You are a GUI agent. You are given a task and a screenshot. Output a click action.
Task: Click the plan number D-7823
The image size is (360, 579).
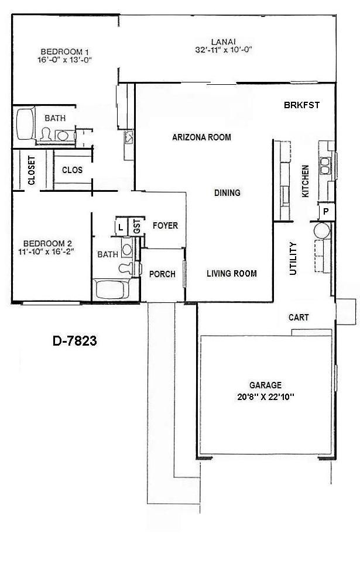click(x=74, y=341)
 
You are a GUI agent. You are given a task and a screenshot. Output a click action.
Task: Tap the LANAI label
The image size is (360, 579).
click(x=224, y=41)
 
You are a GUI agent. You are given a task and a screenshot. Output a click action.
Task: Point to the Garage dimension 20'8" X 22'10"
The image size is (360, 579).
click(x=265, y=396)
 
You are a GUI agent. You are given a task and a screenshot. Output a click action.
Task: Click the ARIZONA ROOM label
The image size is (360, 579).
click(x=201, y=137)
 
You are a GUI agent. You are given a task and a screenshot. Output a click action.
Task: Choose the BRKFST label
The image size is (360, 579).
click(x=301, y=105)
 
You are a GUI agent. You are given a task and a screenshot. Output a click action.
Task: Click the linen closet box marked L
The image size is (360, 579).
click(x=121, y=227)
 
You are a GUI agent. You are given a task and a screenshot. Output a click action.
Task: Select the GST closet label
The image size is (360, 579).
click(x=136, y=227)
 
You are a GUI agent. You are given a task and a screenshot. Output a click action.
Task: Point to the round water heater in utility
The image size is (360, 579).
click(x=323, y=229)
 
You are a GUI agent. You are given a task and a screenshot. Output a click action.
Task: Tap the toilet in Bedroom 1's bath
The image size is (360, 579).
click(x=47, y=135)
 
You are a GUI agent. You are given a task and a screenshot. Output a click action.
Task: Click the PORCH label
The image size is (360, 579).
click(x=162, y=274)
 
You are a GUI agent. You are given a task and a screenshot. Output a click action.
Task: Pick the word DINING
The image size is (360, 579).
click(x=227, y=192)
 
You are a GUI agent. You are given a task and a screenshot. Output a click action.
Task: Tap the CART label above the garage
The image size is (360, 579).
click(x=299, y=318)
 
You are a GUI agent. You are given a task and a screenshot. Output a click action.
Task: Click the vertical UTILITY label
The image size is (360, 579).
click(x=293, y=259)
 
